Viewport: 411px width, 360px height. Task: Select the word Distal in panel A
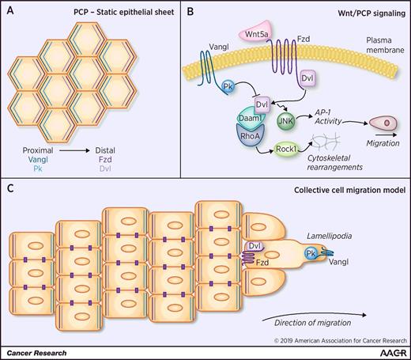point(138,146)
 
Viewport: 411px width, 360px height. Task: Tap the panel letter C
point(9,188)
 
